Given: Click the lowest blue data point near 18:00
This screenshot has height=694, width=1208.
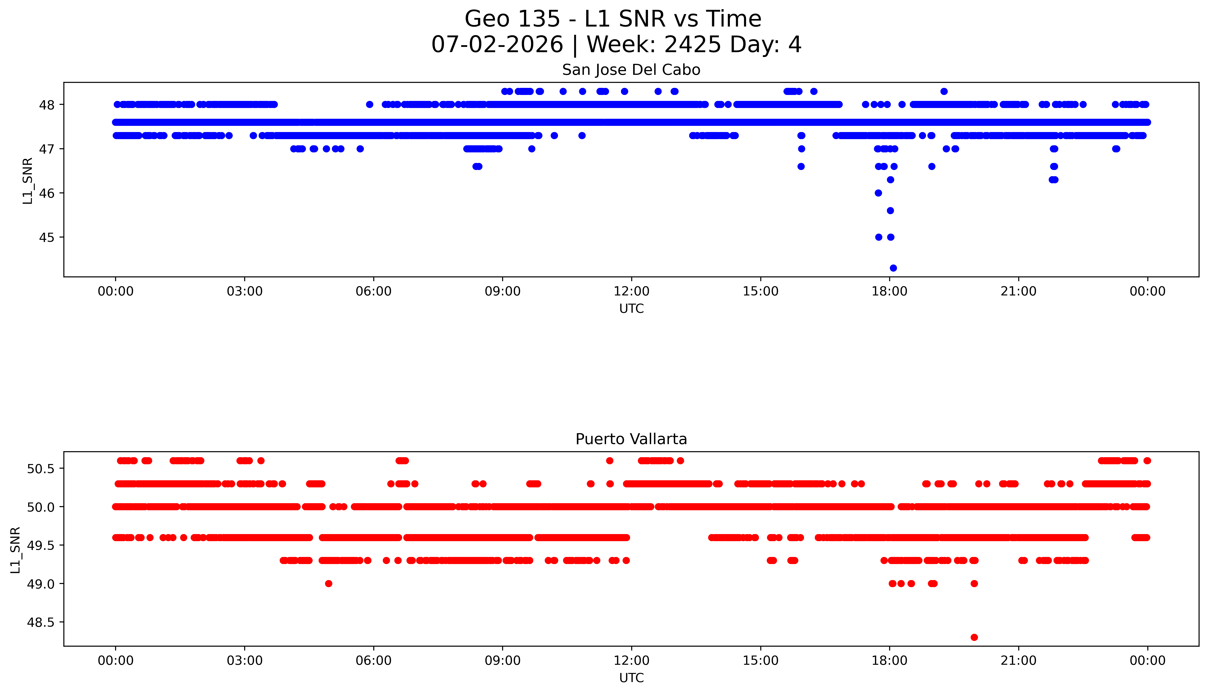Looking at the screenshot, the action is point(893,268).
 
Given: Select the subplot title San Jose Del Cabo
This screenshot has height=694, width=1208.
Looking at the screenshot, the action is point(631,70).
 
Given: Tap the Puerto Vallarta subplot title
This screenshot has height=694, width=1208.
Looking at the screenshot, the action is point(631,439).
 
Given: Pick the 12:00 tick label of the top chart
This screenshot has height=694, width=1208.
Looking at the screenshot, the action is point(632,291).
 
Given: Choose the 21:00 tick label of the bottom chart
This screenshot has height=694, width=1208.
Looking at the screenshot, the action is point(1019,661).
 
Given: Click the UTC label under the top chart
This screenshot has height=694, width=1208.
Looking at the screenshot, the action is point(631,309).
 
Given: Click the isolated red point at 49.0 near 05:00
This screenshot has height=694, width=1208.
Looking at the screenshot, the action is point(328,583).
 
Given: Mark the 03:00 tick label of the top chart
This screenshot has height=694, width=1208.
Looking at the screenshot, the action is point(245,291).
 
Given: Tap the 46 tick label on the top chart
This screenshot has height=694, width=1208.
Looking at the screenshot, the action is point(48,193).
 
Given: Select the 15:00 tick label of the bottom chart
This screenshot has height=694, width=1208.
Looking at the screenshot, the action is point(761,661).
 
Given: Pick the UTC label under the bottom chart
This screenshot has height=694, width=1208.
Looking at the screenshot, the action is point(631,678).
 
